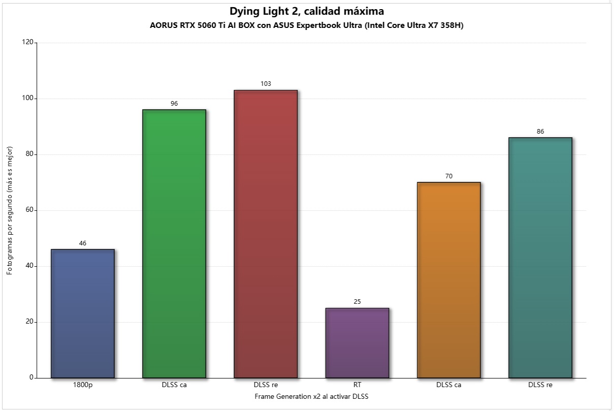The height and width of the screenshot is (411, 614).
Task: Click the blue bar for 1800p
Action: [83, 313]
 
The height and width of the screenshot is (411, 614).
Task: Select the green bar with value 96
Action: [174, 244]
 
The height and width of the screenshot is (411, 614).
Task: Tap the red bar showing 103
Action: [266, 234]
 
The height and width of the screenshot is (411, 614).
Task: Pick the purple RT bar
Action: [357, 343]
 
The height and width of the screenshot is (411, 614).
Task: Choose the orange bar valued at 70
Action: [448, 280]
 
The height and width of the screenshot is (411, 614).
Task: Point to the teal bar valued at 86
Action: [540, 258]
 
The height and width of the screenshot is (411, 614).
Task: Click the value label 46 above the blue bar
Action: [83, 243]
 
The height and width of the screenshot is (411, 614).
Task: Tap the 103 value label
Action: [266, 84]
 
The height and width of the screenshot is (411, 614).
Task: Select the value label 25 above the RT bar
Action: [357, 302]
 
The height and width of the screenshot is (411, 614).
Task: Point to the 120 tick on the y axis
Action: [28, 43]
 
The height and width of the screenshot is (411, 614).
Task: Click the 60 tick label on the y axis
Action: [30, 210]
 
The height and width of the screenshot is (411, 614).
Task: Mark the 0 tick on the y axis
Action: [31, 378]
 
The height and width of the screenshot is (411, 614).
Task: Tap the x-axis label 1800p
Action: [83, 385]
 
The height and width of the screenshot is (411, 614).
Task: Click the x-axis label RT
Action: [357, 385]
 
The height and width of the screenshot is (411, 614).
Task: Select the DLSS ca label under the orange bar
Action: [448, 385]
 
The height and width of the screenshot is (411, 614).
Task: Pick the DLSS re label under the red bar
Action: [266, 385]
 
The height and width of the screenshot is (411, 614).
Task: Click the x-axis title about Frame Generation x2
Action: [311, 396]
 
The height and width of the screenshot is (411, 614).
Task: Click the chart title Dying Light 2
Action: [307, 11]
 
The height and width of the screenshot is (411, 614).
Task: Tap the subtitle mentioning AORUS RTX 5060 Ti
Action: [307, 25]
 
